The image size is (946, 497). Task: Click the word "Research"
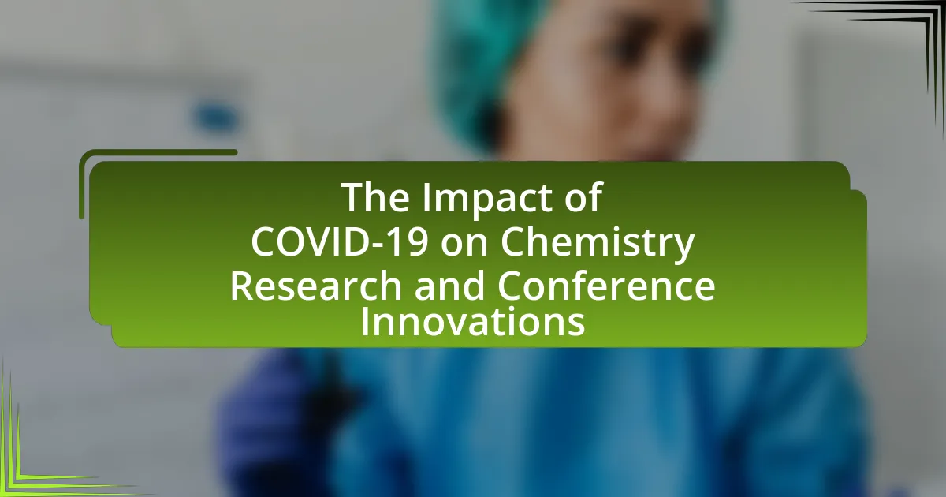[x=315, y=286]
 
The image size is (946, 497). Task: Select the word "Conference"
[x=606, y=286]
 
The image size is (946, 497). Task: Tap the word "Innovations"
[x=472, y=322]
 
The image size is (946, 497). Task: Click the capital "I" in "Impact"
[x=426, y=197]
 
